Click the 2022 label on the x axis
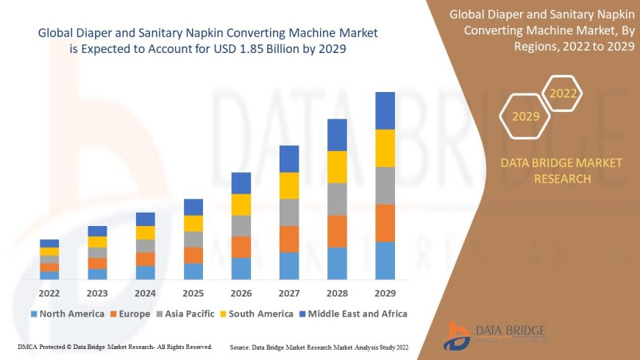pyautogui.click(x=49, y=293)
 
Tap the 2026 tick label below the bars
pyautogui.click(x=241, y=293)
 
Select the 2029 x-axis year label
pyautogui.click(x=385, y=293)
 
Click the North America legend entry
pyautogui.click(x=67, y=314)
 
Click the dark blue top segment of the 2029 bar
pyautogui.click(x=385, y=110)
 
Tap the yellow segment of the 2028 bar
pyautogui.click(x=337, y=166)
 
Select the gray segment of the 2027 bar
pyautogui.click(x=289, y=212)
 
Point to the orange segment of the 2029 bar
pyautogui.click(x=385, y=223)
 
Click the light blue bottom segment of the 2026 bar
pyautogui.click(x=241, y=268)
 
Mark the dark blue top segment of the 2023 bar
pyautogui.click(x=97, y=231)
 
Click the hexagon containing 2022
pyautogui.click(x=563, y=93)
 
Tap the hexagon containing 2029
pyautogui.click(x=525, y=116)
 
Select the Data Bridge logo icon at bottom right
pyautogui.click(x=458, y=336)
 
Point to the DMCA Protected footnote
pyautogui.click(x=114, y=346)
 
